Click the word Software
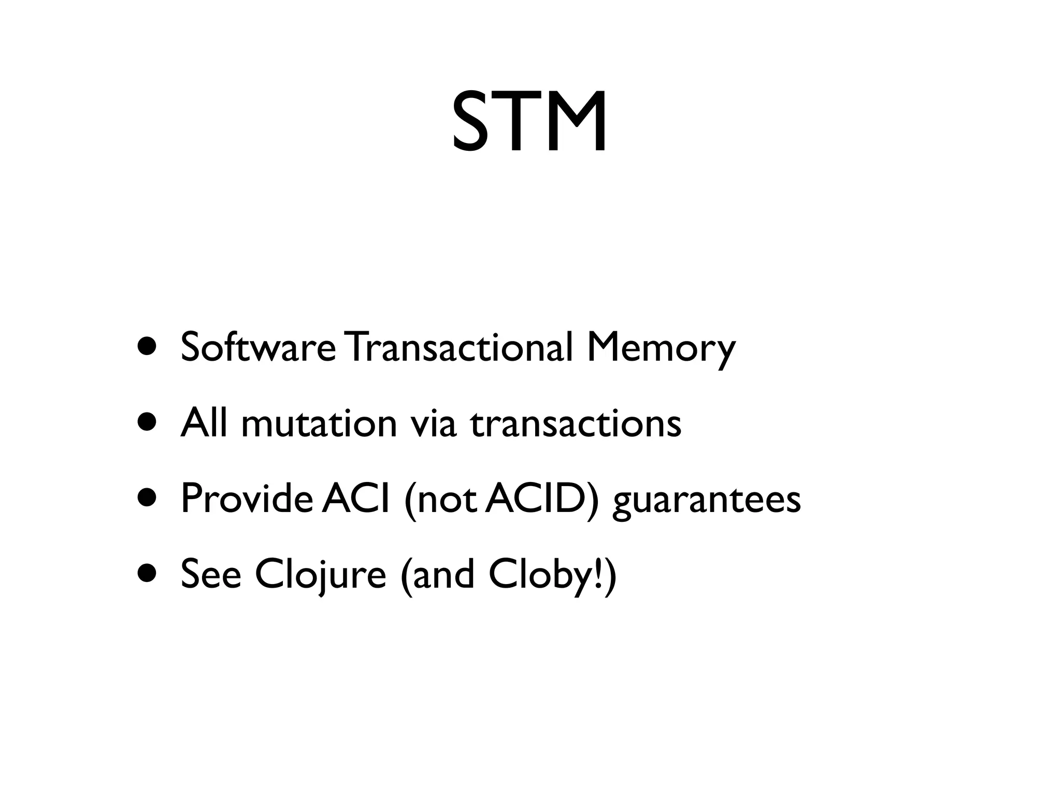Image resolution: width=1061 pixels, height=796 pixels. [x=258, y=347]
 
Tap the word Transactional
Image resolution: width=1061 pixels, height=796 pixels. [x=460, y=347]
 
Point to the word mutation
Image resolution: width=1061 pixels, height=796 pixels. [x=319, y=423]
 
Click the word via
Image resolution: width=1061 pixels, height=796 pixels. [x=434, y=423]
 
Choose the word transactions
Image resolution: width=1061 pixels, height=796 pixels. [x=576, y=423]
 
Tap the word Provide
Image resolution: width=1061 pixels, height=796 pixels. [x=246, y=499]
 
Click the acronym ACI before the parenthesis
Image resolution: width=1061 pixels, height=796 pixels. [x=355, y=499]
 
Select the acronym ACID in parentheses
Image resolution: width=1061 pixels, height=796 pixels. [x=537, y=499]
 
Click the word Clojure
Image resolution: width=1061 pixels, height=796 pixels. [x=320, y=575]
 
